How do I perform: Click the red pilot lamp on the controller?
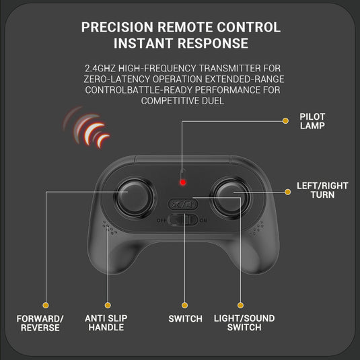click(x=183, y=182)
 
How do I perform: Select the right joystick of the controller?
click(x=230, y=198)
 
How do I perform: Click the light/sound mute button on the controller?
click(x=183, y=204)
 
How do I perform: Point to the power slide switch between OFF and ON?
click(x=183, y=220)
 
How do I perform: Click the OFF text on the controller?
click(x=161, y=221)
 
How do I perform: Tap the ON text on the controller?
click(x=203, y=221)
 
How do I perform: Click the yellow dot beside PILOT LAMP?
click(x=285, y=121)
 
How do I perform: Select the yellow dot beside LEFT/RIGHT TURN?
click(x=287, y=192)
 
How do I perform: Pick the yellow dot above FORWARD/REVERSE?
click(x=46, y=305)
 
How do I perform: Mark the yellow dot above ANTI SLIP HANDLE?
click(x=108, y=305)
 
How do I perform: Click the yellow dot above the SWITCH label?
click(x=184, y=305)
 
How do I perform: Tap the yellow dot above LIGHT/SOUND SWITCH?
click(x=240, y=305)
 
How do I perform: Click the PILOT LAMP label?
click(x=312, y=121)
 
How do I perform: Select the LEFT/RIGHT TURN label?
click(x=322, y=190)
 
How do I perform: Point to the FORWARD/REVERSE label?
click(x=40, y=323)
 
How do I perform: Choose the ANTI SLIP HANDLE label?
click(x=106, y=323)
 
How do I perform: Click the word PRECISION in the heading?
click(x=117, y=28)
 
